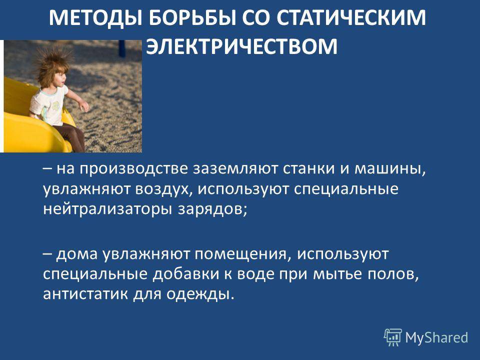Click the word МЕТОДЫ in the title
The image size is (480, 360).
click(95, 17)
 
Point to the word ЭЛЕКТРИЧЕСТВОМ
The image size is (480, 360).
click(241, 46)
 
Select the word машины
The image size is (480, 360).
click(389, 169)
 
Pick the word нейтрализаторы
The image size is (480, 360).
click(108, 209)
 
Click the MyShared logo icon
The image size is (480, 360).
click(393, 337)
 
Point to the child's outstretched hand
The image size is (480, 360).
click(84, 107)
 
